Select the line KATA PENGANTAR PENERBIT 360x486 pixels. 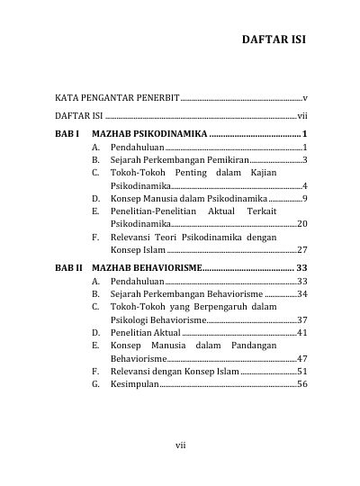tap(117, 96)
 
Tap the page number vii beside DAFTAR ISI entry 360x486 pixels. tap(303, 116)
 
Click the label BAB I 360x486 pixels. tap(67, 133)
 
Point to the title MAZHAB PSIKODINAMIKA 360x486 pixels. tap(149, 133)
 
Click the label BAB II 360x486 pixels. tap(69, 267)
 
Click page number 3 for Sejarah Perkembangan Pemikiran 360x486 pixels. tap(306, 159)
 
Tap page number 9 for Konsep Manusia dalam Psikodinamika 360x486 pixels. tap(306, 197)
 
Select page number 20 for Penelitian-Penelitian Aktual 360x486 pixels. tap(303, 223)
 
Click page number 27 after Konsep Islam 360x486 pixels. tap(303, 249)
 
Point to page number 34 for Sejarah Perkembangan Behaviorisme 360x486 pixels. tap(303, 293)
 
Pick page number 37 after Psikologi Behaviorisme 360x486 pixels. tap(303, 319)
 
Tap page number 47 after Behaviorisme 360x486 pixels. tap(303, 358)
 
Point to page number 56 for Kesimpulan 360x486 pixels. tap(303, 384)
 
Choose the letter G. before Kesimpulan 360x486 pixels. tap(95, 384)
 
